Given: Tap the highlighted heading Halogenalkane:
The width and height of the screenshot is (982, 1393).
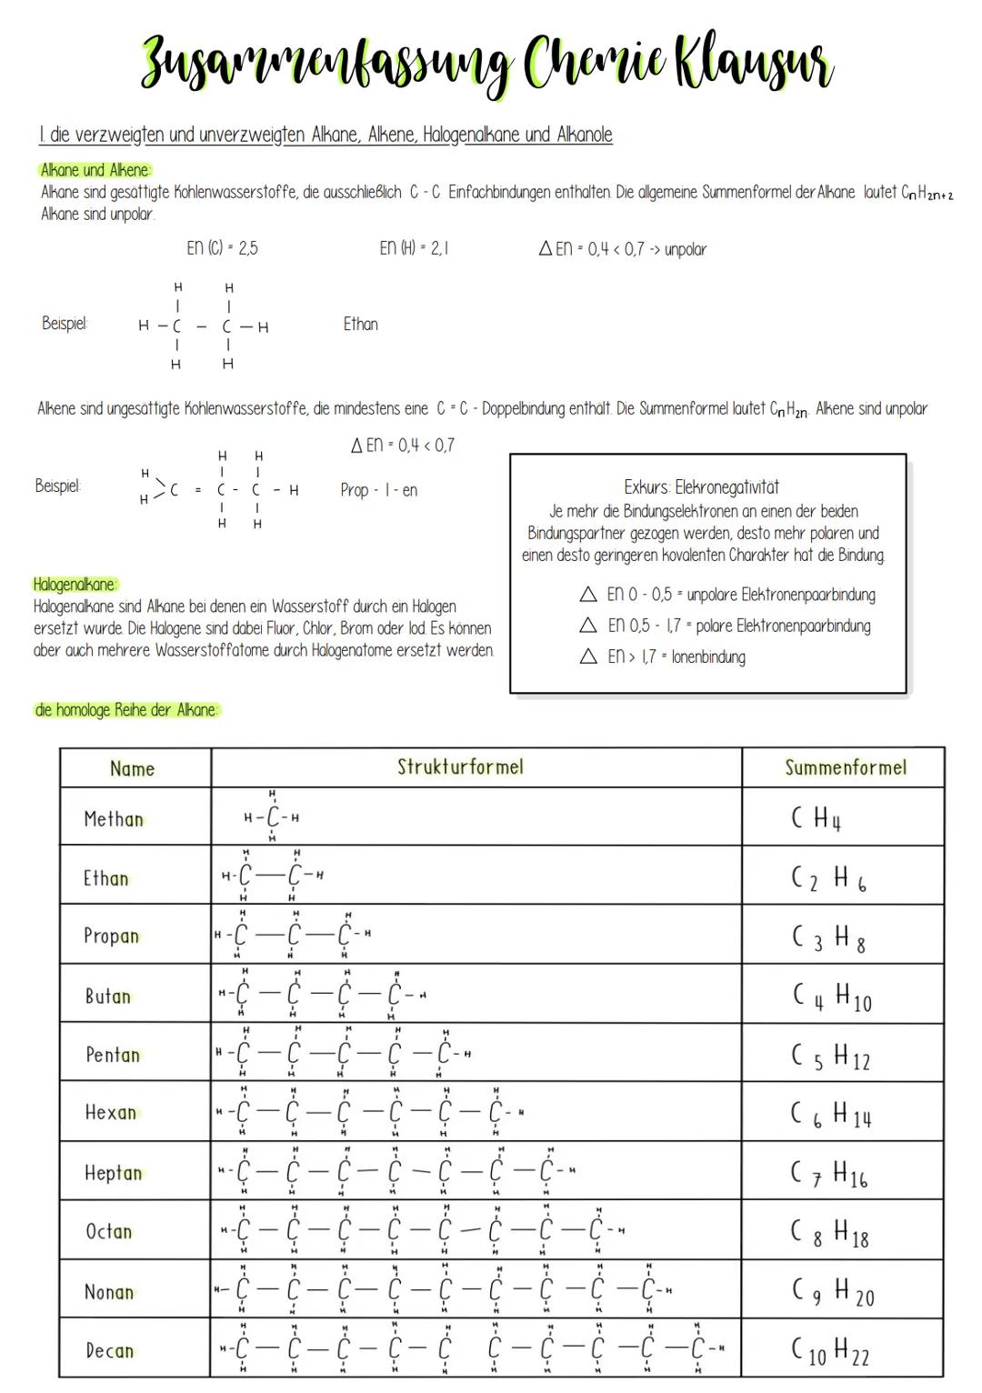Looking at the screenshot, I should [x=75, y=585].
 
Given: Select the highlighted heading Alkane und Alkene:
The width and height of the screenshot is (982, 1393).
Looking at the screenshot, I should [x=95, y=170].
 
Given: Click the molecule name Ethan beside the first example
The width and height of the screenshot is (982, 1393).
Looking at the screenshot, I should [x=360, y=324].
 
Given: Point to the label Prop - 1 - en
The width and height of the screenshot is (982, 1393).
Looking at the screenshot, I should [x=378, y=490].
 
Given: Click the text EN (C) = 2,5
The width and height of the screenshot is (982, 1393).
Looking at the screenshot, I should [x=221, y=248].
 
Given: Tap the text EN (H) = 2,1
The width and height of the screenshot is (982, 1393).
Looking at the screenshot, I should [x=413, y=248].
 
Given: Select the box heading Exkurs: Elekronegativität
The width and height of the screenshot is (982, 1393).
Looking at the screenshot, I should [x=701, y=487].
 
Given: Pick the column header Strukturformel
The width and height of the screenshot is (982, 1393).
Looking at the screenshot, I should [x=460, y=767].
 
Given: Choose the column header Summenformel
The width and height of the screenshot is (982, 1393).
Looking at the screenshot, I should [x=845, y=767].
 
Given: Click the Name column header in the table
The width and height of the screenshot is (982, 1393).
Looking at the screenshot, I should [x=132, y=768].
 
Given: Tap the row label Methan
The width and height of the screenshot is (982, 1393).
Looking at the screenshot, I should [x=114, y=819].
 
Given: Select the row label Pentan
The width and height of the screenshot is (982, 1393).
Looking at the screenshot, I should [x=113, y=1055].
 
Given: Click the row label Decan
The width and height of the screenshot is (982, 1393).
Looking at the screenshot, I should [x=109, y=1350].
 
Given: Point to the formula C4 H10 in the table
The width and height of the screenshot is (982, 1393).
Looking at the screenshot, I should [x=831, y=997].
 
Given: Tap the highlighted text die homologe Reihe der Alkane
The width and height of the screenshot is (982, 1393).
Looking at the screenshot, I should [x=126, y=710].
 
